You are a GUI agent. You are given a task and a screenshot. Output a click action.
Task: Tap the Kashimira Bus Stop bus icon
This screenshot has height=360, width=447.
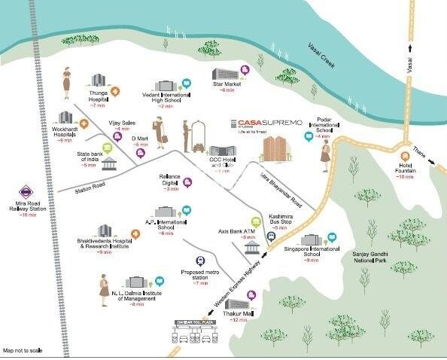(272, 234)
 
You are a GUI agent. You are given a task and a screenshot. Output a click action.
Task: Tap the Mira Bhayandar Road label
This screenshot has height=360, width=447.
(280, 189)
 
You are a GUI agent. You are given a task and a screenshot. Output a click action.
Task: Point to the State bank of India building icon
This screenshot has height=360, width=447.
(110, 164)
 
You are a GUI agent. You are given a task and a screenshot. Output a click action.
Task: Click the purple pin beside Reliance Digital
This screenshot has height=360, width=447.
(187, 180)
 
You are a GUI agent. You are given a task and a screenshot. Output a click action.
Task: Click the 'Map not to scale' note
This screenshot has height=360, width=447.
(23, 351)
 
